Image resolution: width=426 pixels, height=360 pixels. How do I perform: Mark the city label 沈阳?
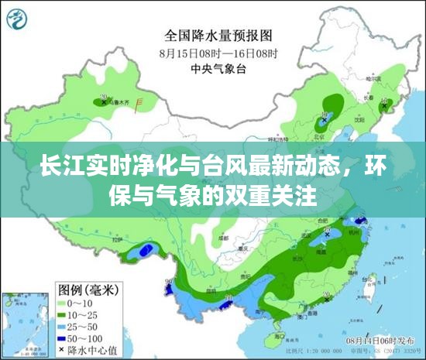click(359, 120)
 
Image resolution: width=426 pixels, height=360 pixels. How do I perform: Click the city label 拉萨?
click(119, 241)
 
